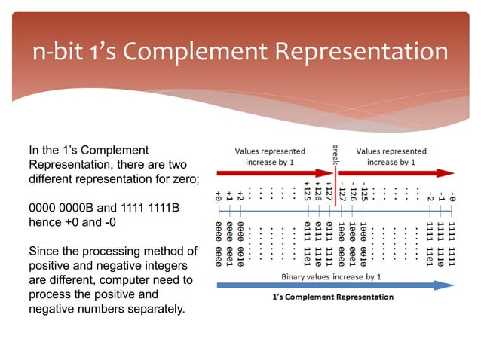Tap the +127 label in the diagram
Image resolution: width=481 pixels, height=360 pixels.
point(330,188)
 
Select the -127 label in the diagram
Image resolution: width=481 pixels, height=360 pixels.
point(342,188)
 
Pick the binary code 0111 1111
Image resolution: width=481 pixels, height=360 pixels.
point(330,238)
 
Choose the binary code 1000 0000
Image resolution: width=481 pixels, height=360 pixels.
point(342,238)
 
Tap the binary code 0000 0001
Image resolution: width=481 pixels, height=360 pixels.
point(229,238)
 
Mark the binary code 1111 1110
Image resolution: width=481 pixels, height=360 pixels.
point(441,238)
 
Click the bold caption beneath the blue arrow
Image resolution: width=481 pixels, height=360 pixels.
point(332,297)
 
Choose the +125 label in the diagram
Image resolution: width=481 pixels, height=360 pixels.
point(308,188)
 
